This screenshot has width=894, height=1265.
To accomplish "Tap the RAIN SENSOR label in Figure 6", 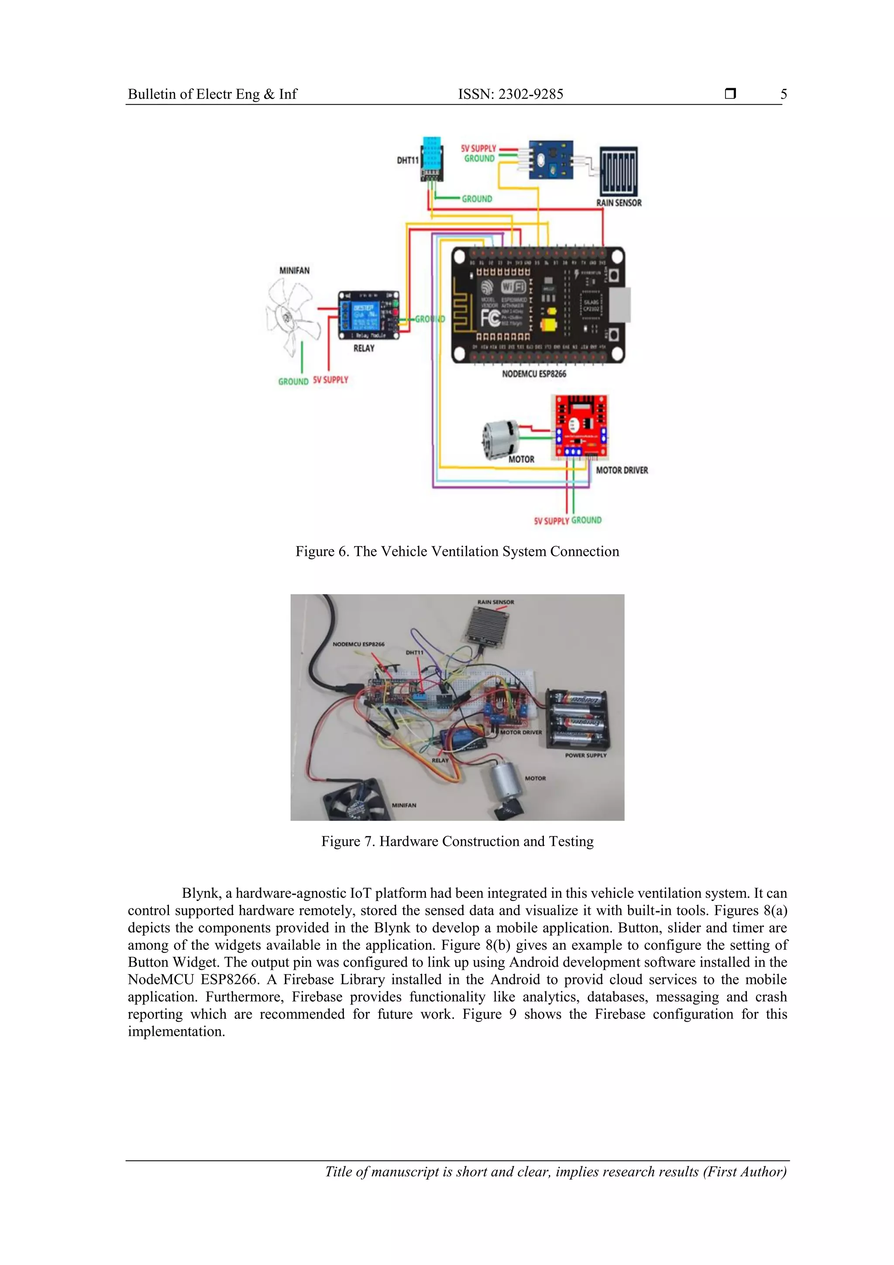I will click(619, 203).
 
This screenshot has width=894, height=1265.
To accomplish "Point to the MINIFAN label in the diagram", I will click(294, 271).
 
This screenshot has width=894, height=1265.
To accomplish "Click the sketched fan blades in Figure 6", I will click(292, 316).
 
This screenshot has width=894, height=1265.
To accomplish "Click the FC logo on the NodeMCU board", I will click(490, 318).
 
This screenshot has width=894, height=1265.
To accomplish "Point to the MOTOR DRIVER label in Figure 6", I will click(621, 470).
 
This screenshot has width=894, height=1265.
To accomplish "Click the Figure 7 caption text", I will click(457, 841).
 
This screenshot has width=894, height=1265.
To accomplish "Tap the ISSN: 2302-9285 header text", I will click(510, 94).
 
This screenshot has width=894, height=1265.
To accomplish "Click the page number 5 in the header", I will click(783, 94).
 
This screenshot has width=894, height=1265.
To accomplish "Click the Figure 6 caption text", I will click(457, 551).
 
